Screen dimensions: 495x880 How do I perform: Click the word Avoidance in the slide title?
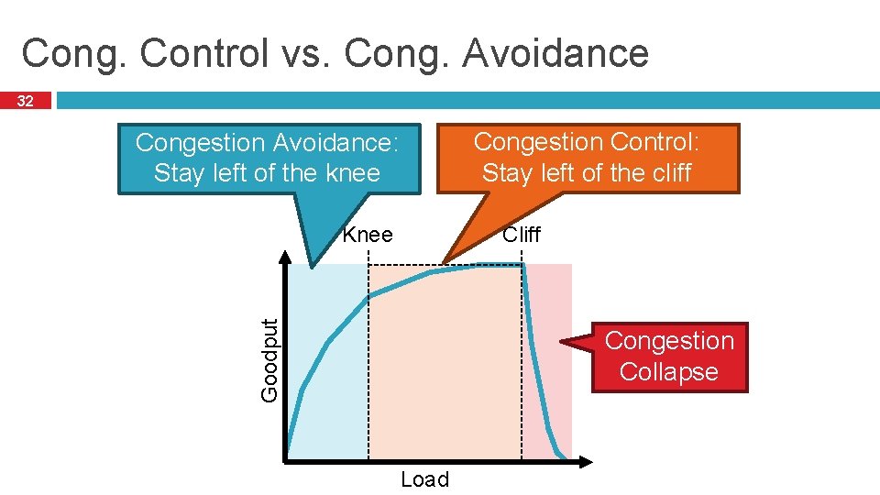pos(555,53)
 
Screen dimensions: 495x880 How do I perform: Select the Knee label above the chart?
pos(368,235)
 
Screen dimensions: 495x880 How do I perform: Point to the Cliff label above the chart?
pos(522,235)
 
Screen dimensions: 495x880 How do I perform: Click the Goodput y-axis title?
pos(269,359)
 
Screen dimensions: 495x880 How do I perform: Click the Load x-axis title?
pos(424,479)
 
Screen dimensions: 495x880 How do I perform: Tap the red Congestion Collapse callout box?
pos(669,357)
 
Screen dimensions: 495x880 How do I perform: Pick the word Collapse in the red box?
pos(668,372)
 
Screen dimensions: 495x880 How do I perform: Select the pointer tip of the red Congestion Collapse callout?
pos(562,344)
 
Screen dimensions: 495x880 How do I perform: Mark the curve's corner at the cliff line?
pos(522,265)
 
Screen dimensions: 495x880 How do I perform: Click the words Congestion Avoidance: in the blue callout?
pos(267,143)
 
